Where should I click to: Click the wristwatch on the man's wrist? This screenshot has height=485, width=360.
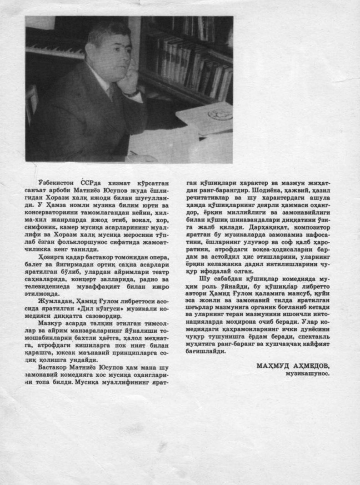(x=132, y=93)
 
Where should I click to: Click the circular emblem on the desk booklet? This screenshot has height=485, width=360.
(x=220, y=114)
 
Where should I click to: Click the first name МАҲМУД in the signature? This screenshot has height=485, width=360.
(x=272, y=365)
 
